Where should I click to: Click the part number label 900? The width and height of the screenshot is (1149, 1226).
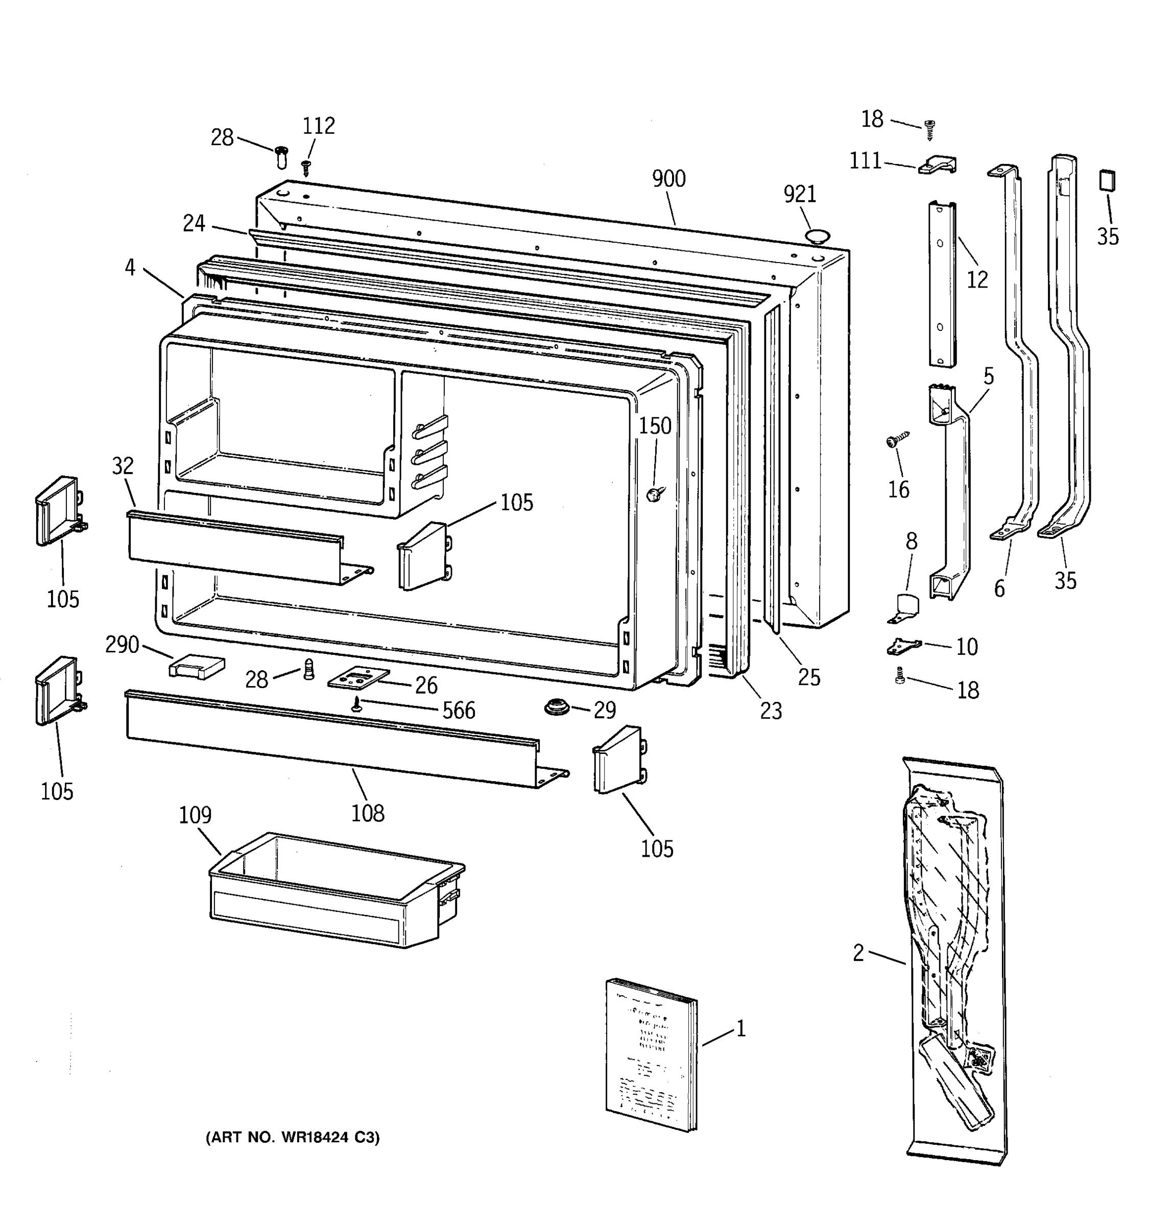pos(669,179)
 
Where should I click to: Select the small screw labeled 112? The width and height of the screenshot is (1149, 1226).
pos(306,167)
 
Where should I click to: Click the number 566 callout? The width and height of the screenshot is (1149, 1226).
pos(459,711)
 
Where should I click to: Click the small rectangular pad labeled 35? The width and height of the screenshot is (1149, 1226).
pos(1107,182)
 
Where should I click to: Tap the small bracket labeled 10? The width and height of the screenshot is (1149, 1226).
pos(903,647)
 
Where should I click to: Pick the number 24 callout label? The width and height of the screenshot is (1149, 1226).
pos(194,223)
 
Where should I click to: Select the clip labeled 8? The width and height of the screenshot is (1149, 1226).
pos(904,607)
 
